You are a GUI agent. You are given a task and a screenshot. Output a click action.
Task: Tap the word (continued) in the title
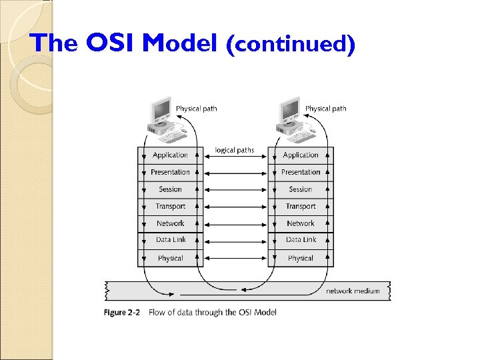291,45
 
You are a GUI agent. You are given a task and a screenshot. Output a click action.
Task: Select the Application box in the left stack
170,155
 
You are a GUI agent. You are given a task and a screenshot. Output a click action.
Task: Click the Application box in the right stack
301,155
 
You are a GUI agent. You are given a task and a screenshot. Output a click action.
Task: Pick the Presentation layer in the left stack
170,172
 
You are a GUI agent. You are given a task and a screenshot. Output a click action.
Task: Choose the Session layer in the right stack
301,189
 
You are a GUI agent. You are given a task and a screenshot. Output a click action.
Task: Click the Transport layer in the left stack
170,207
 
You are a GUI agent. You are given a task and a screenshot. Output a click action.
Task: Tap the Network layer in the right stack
301,223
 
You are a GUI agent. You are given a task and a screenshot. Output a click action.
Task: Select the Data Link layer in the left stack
170,240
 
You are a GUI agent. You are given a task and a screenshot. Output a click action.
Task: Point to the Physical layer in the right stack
301,258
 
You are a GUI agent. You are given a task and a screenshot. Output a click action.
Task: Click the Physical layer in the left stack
170,258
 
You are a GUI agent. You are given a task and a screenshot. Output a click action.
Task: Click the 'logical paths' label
235,150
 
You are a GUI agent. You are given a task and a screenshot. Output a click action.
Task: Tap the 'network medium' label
353,291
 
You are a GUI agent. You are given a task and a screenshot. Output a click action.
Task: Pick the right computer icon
291,119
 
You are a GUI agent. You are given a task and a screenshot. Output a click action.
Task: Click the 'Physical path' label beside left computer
196,109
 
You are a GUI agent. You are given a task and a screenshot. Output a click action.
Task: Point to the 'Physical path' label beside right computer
325,109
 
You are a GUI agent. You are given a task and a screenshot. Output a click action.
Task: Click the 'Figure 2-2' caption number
121,312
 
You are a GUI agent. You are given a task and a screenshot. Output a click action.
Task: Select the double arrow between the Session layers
235,189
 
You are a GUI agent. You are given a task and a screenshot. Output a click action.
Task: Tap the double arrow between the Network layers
235,223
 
